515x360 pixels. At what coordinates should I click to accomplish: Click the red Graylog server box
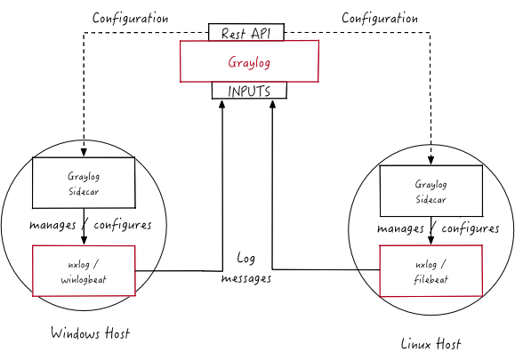[249, 62]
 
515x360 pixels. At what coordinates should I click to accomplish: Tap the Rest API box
[246, 33]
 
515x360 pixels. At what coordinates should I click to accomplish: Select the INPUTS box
[249, 91]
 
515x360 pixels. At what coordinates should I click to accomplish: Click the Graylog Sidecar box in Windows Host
[83, 183]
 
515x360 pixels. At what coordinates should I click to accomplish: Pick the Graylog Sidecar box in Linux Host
[431, 190]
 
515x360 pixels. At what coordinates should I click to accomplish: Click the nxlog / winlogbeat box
[83, 270]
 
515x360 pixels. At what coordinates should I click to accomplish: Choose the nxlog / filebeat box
[431, 271]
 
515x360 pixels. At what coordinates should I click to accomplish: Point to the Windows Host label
[90, 333]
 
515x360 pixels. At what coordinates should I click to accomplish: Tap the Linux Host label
[431, 343]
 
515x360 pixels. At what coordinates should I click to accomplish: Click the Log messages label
[245, 268]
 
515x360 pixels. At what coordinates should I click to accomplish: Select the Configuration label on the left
[131, 18]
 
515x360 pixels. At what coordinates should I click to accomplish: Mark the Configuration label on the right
[380, 18]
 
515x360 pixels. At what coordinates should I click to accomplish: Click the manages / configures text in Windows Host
[90, 225]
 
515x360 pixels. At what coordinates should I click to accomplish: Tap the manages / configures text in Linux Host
[438, 228]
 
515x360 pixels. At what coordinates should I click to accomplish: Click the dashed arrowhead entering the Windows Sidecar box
[83, 153]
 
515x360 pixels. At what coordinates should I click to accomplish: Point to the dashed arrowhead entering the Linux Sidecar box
[431, 161]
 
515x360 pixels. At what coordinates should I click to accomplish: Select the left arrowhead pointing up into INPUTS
[222, 104]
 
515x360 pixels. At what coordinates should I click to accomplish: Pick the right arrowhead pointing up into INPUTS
[271, 104]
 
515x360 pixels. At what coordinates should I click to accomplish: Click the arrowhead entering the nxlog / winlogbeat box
[83, 241]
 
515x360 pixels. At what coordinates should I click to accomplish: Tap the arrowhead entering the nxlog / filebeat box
[431, 241]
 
